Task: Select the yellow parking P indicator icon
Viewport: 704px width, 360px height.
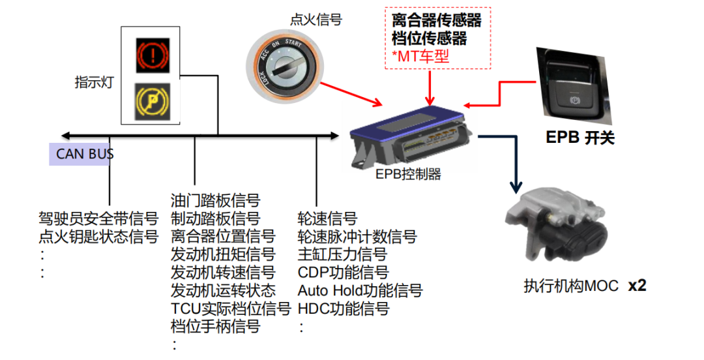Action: (x=153, y=100)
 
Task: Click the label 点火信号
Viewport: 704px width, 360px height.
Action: (x=316, y=20)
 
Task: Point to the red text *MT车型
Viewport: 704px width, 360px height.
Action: (x=421, y=57)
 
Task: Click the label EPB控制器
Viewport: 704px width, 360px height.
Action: (x=408, y=174)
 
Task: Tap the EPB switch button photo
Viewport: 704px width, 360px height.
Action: (x=573, y=85)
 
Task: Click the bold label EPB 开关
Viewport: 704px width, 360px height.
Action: (x=579, y=138)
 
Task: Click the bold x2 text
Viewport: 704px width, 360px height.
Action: (x=637, y=286)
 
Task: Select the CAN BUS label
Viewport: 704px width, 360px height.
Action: (x=85, y=154)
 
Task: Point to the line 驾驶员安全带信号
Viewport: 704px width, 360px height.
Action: (x=98, y=218)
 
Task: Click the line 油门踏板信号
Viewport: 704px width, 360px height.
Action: (x=215, y=200)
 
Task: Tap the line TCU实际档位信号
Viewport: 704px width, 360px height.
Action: (x=230, y=308)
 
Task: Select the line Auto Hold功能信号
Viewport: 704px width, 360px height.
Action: (x=360, y=290)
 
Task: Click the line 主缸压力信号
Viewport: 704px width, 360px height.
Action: (x=342, y=254)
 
